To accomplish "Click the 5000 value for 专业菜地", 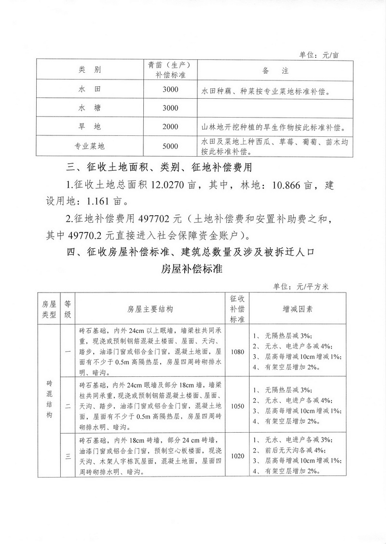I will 170,146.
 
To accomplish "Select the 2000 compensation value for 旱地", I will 170,127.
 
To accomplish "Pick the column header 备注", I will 275,71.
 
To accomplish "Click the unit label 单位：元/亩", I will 319,55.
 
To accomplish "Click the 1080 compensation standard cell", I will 237,352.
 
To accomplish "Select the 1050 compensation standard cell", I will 237,406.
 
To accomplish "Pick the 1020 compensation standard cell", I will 237,455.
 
